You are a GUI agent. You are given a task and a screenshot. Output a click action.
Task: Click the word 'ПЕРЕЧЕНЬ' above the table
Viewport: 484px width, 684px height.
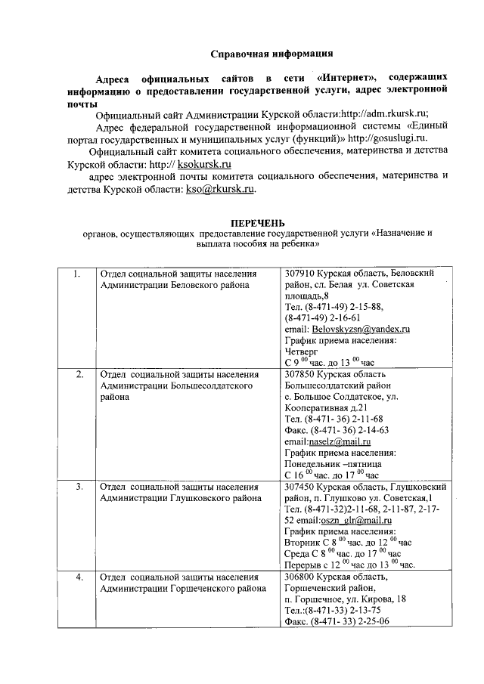[x=258, y=223]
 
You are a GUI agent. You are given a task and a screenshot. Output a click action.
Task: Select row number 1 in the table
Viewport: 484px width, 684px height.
[x=76, y=273]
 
